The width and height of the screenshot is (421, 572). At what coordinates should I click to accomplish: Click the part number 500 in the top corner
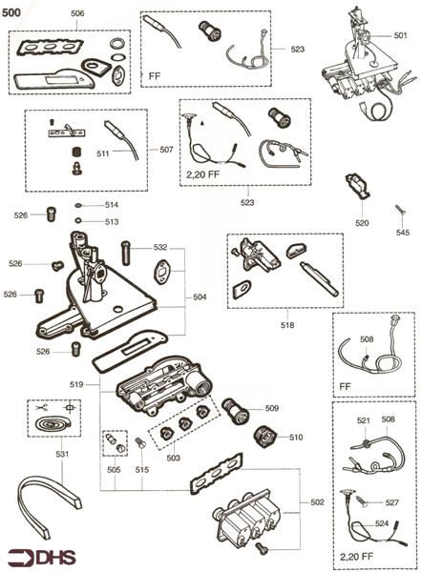coord(14,9)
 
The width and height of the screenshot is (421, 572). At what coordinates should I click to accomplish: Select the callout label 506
coord(77,13)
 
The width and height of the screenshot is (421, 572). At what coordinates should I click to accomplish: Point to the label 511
coord(102,152)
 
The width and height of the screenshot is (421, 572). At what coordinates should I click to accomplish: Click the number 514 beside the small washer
coord(112,205)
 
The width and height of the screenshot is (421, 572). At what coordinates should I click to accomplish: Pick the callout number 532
coord(159,247)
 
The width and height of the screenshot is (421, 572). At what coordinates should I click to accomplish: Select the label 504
coord(200,297)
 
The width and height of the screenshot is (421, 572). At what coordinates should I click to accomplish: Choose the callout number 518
coord(287,325)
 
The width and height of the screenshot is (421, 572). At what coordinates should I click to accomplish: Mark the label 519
coord(79,383)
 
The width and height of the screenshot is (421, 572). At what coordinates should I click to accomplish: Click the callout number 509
coord(272,408)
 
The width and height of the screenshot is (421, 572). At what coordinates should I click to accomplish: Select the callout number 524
coord(382,523)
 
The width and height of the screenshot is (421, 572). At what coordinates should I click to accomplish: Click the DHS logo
coord(33,555)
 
